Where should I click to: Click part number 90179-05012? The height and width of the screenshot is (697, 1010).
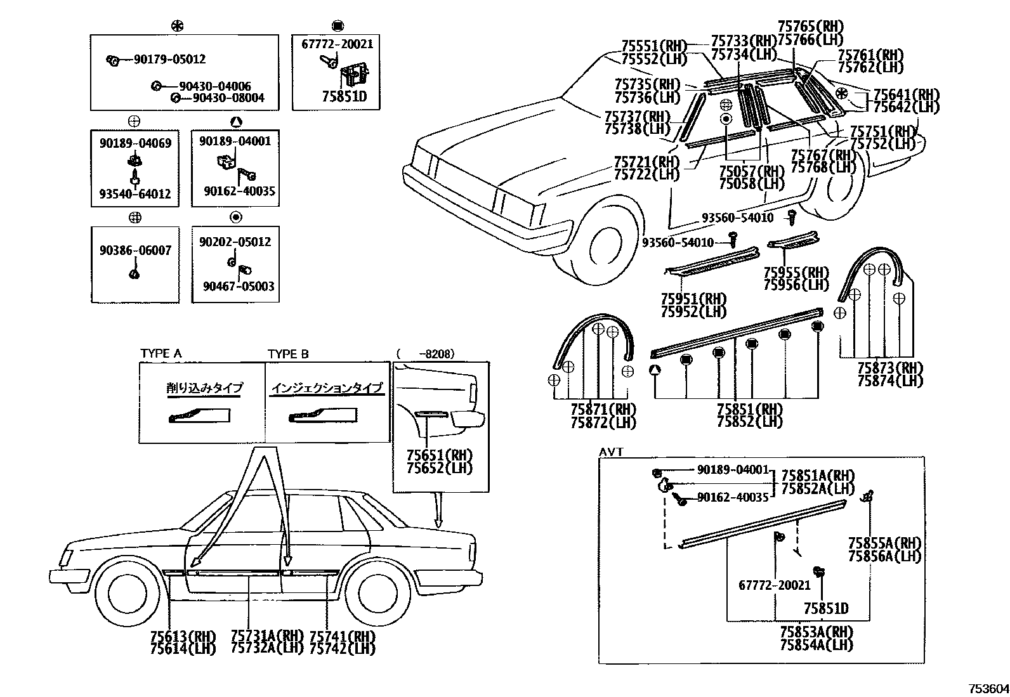coord(169,60)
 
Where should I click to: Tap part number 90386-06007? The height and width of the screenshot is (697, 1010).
coord(135,251)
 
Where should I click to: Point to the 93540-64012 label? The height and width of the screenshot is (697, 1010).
coord(135,194)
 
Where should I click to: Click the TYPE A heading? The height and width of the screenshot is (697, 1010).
coord(161,354)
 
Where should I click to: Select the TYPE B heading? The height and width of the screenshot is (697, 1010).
coord(288,354)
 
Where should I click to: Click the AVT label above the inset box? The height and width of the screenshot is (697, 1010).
coord(611,452)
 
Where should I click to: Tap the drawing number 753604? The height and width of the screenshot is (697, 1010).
coord(987,689)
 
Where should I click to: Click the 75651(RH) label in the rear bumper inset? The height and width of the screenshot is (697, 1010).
coord(440,456)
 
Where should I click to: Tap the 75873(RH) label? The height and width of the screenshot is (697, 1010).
coord(889,368)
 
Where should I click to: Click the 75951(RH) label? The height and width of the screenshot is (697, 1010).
coord(693,299)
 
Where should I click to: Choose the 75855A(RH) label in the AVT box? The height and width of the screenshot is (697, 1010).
coord(884,544)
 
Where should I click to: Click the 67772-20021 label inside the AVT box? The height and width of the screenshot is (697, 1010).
coord(774,586)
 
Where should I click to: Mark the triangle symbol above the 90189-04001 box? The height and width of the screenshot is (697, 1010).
coord(235,122)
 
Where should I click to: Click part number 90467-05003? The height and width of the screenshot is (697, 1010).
coord(239,287)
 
